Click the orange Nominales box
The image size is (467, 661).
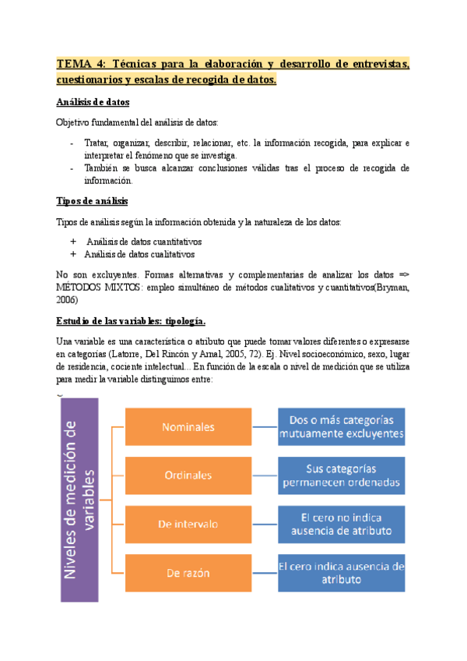tap(188, 426)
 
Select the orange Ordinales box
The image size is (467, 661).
tap(188, 475)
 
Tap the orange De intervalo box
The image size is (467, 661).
tap(188, 524)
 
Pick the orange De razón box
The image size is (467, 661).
tap(188, 573)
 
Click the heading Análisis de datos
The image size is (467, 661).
tap(93, 102)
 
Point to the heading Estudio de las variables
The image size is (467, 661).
tap(131, 321)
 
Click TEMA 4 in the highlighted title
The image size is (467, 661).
tap(83, 64)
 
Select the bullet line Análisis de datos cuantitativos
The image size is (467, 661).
tap(144, 242)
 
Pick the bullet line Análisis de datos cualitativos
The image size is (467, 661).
tap(140, 254)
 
